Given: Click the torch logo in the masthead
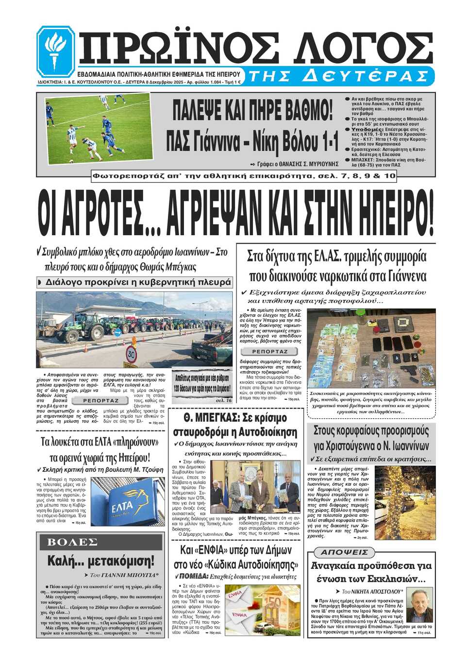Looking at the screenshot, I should [x=55, y=51].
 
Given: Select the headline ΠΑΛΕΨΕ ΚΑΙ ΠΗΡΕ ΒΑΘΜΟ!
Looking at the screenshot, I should [x=253, y=110].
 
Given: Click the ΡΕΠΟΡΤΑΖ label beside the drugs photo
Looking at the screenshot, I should [x=270, y=351].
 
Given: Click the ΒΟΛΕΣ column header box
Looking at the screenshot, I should [x=73, y=542].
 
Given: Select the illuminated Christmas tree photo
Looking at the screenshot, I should [x=405, y=502].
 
